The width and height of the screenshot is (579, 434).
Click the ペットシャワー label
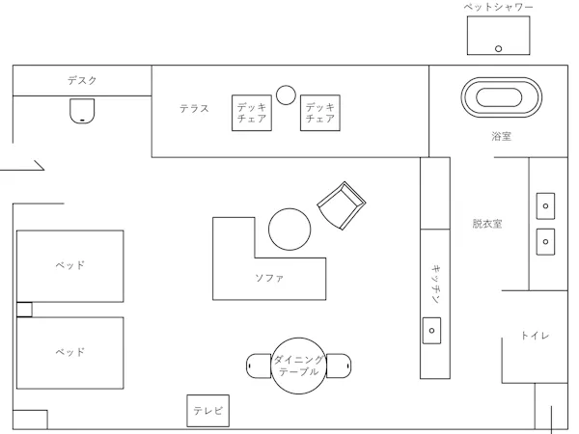(x=499, y=7)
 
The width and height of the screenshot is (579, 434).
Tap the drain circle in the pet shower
(x=498, y=48)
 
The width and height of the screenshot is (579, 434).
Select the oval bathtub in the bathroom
(x=502, y=97)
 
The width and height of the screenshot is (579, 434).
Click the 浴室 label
(x=501, y=136)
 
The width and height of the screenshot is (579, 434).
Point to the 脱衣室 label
(x=487, y=224)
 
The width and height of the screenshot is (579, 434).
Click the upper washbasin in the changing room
(x=545, y=206)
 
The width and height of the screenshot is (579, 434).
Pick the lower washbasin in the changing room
(x=545, y=242)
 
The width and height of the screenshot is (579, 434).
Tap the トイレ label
(x=535, y=336)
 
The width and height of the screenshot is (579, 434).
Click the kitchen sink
(x=431, y=331)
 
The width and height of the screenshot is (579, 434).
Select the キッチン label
(x=436, y=284)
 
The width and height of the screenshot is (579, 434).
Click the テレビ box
(x=207, y=411)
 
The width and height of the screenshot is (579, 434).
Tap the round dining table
(x=299, y=366)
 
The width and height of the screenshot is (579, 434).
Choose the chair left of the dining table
(x=259, y=366)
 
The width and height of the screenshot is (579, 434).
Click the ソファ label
(x=269, y=278)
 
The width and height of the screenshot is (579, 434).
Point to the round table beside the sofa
(x=289, y=230)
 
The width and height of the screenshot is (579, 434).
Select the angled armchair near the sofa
(x=342, y=205)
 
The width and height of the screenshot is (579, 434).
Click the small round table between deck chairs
(x=286, y=95)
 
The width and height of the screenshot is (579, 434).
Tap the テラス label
(x=194, y=108)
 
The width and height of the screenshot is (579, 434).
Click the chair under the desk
(x=82, y=110)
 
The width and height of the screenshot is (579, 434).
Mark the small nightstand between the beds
(x=24, y=310)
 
